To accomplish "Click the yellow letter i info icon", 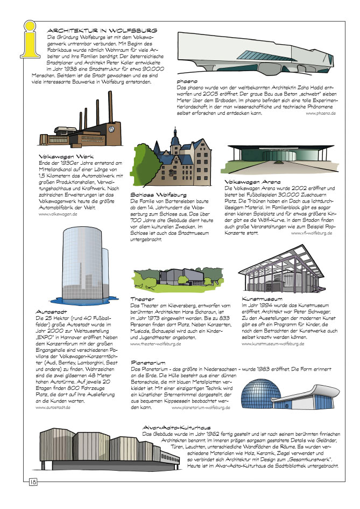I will (x=31, y=43).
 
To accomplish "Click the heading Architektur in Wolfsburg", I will (x=102, y=31).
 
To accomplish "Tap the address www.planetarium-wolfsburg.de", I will (x=195, y=408).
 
